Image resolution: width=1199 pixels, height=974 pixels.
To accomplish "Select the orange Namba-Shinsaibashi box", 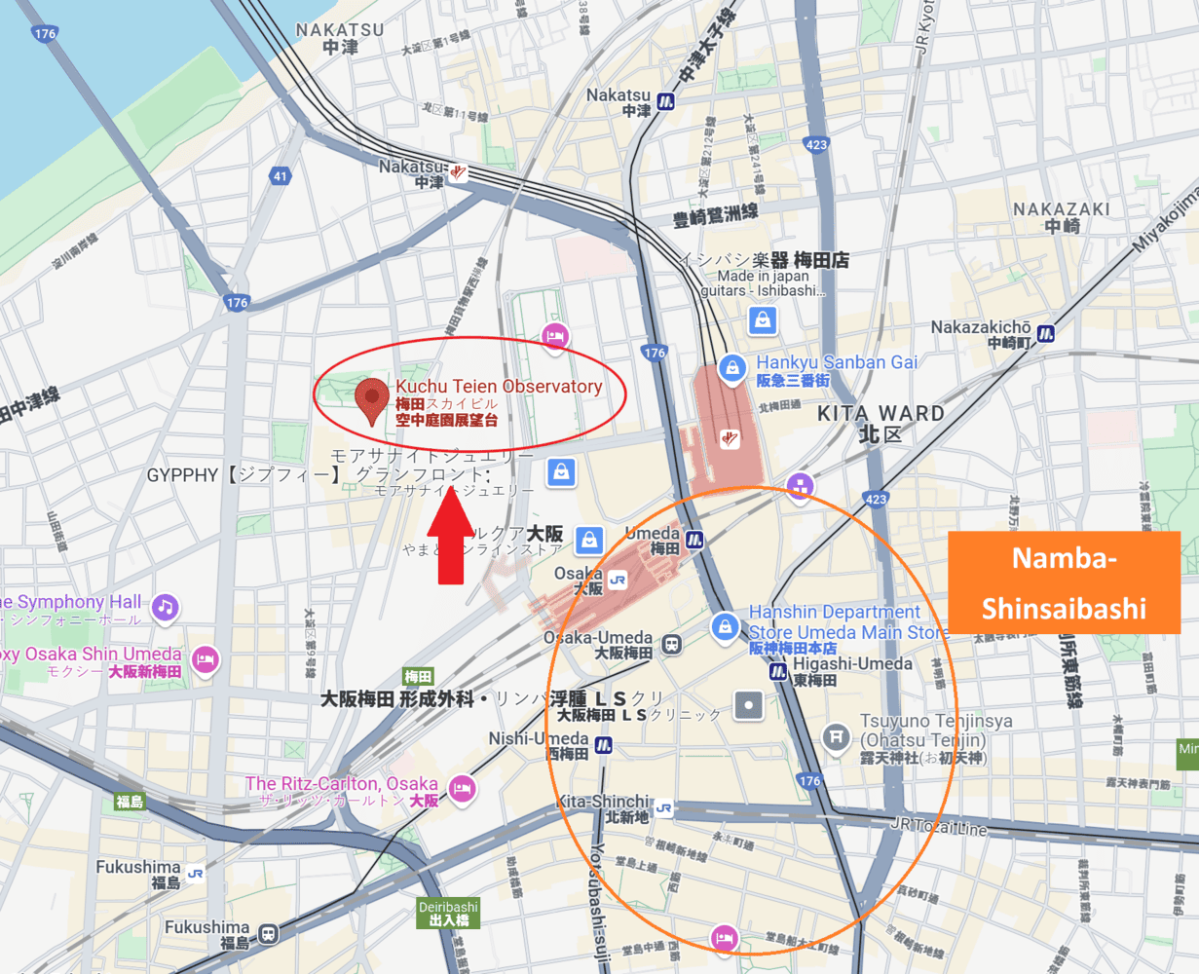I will (1064, 582).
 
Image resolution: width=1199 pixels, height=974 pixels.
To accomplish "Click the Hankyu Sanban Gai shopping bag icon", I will (731, 368).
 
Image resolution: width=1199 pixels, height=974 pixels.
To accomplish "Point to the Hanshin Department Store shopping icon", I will (724, 627).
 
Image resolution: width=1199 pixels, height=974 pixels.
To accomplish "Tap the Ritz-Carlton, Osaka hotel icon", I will (462, 788).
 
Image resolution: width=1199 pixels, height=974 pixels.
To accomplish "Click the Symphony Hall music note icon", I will (165, 608).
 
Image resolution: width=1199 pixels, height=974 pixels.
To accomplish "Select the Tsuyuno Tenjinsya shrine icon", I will (835, 736).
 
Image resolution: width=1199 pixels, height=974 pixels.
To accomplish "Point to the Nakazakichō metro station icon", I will (1045, 333).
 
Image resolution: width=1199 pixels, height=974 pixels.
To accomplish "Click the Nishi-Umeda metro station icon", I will (603, 746).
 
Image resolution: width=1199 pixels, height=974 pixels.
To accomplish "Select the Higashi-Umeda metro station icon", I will (777, 671).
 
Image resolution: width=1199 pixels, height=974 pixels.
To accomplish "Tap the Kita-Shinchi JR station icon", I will (663, 807).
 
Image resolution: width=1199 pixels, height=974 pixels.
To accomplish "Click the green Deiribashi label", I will (449, 913).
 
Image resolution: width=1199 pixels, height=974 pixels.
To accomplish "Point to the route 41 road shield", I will (281, 176).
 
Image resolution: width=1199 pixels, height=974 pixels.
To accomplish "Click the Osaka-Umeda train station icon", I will (671, 644).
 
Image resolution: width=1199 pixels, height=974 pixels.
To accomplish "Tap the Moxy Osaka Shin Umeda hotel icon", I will (205, 659).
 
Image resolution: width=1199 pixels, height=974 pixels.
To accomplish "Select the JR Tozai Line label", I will (938, 826).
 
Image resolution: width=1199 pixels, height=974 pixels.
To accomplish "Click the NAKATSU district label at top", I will (340, 38).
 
